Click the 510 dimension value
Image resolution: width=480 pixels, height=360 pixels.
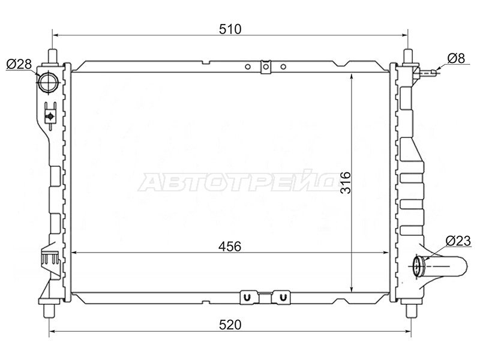230,29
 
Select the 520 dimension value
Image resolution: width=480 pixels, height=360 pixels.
230,325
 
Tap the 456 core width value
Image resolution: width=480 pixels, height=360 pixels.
230,246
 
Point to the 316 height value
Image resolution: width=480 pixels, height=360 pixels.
346,182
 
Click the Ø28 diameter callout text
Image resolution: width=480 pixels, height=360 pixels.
19,64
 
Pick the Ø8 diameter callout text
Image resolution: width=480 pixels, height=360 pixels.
456,58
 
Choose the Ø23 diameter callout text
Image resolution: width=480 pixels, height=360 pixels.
458,241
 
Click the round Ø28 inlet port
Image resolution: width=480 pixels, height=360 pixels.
48,82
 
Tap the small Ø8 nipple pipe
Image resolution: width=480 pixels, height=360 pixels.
426,73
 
